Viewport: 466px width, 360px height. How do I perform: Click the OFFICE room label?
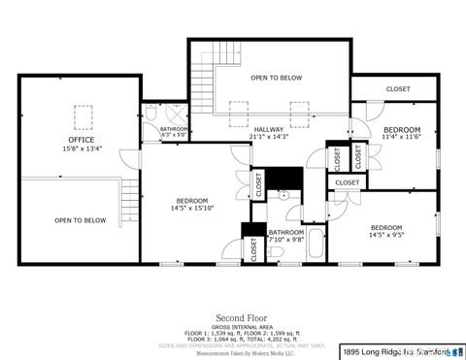tap(83, 140)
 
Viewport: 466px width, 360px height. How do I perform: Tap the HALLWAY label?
tap(269, 130)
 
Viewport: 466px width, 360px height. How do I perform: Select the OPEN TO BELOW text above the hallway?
tap(276, 78)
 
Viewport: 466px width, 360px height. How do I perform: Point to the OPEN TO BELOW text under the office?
tap(80, 220)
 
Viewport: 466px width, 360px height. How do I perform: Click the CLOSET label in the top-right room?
tap(398, 89)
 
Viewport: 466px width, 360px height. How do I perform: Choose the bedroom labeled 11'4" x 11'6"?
tap(401, 130)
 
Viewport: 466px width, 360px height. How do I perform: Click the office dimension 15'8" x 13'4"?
tap(83, 148)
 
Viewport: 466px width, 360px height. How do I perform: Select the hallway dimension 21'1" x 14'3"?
tap(269, 138)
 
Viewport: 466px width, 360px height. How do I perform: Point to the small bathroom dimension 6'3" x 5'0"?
tap(174, 135)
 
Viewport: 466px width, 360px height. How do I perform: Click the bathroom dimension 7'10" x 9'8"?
tap(285, 240)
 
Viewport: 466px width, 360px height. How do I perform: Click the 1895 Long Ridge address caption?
tap(399, 351)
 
